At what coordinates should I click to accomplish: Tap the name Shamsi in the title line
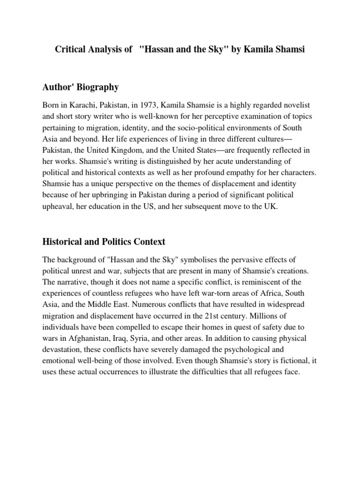(x=290, y=49)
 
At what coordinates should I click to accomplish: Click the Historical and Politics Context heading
(x=104, y=242)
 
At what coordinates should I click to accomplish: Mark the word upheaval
(x=59, y=205)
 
